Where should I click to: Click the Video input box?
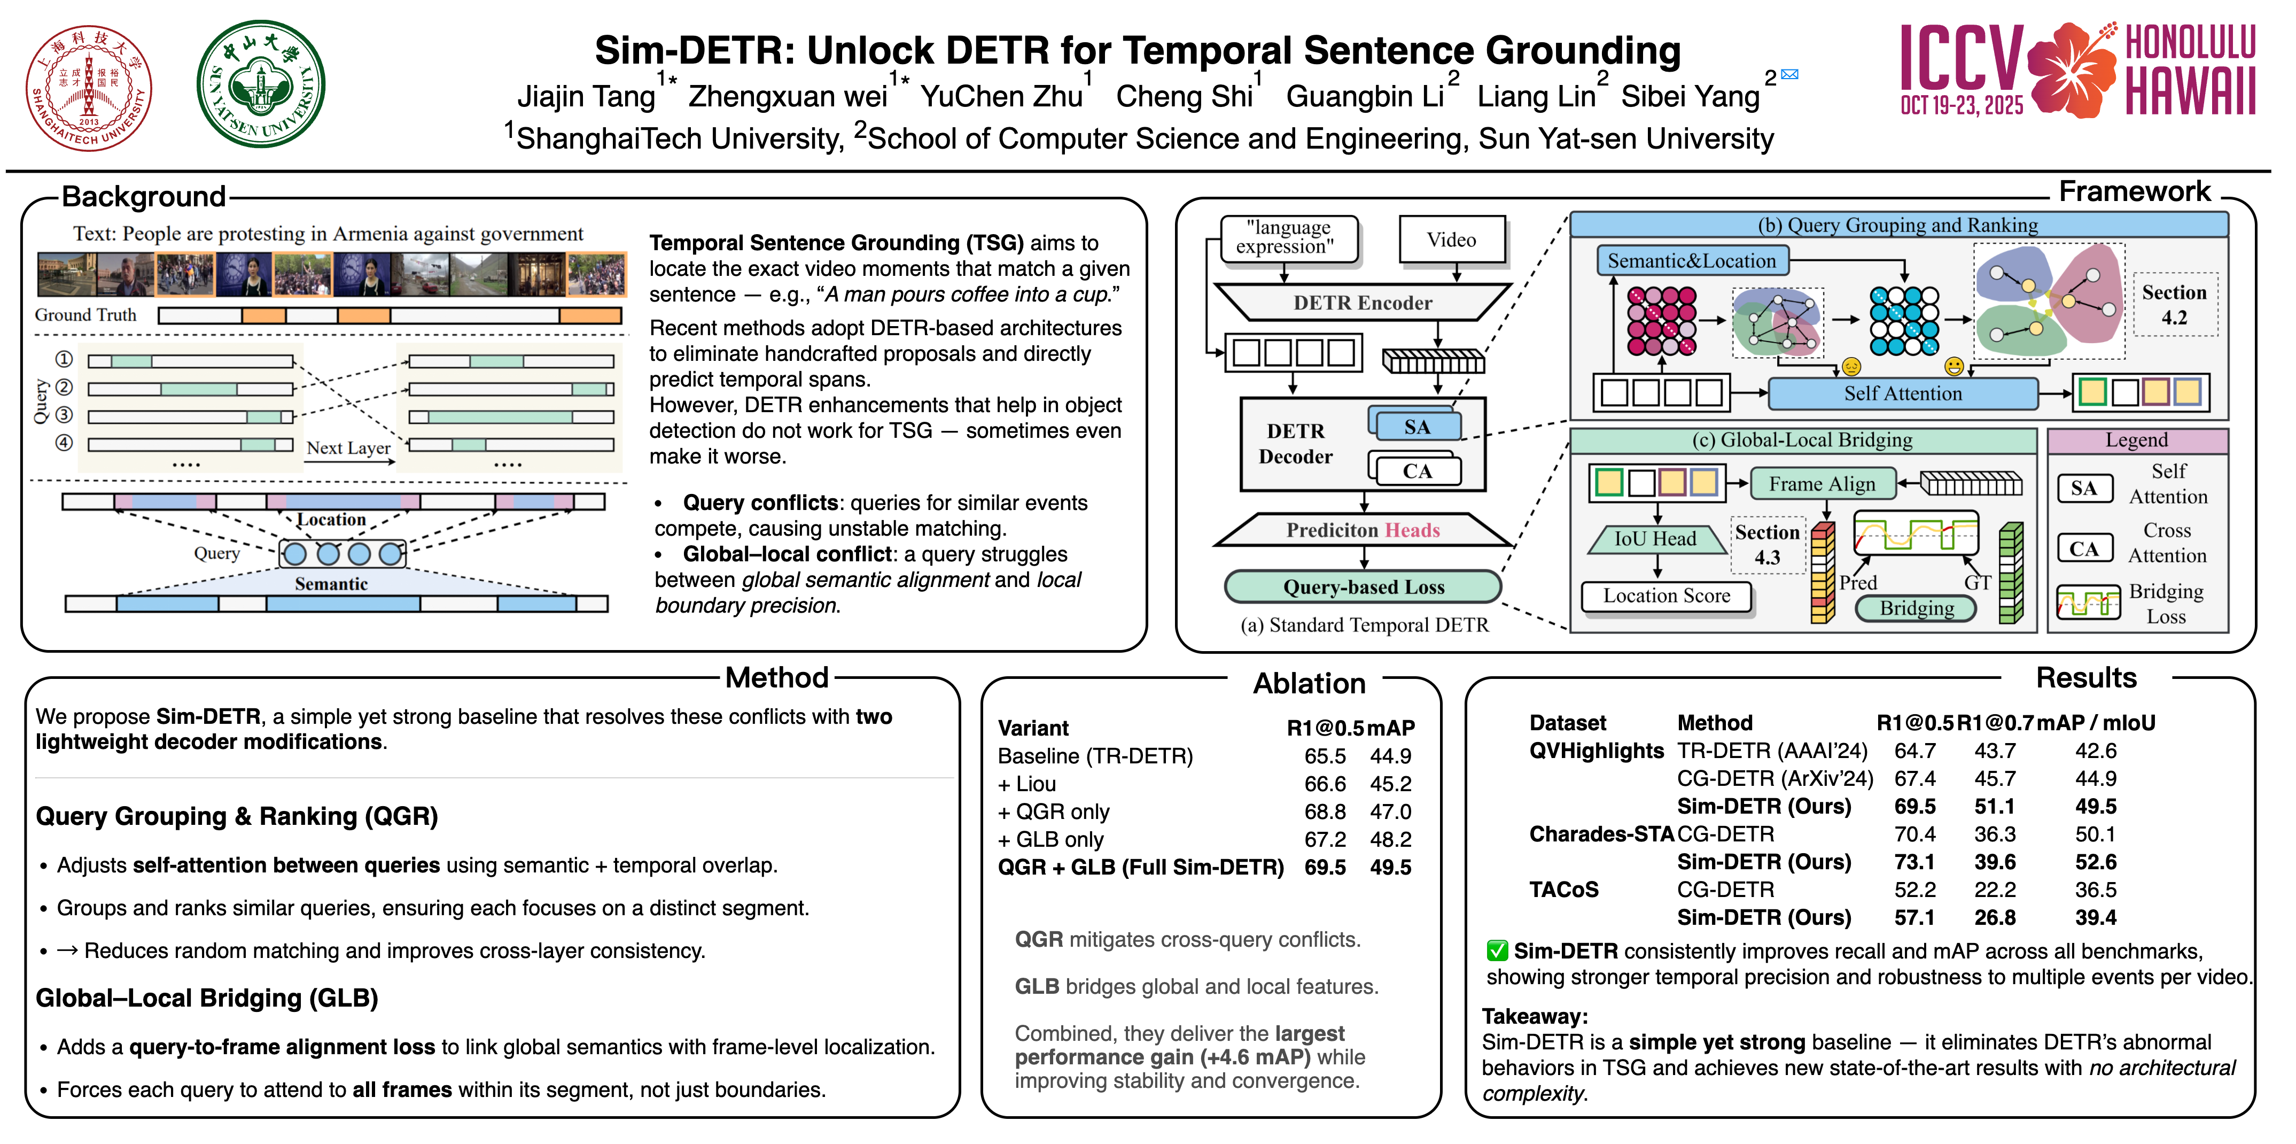pos(1451,240)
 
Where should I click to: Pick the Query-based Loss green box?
pos(1363,587)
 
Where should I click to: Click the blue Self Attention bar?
pos(1902,393)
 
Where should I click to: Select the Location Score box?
pos(1666,596)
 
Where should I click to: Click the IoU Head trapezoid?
pos(1655,538)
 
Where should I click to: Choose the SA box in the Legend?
pos(2084,488)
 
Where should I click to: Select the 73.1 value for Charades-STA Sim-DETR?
pos(1914,862)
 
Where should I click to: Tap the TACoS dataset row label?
pos(1563,890)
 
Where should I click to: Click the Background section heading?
pos(144,196)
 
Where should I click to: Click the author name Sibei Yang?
pos(1690,96)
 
